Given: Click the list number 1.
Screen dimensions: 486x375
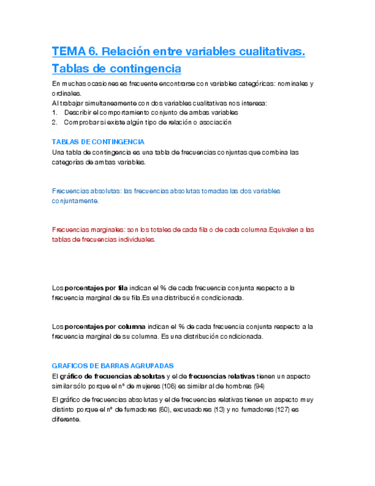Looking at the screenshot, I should [54, 112].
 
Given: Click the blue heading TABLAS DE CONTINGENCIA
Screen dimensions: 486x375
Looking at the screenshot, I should [98, 142].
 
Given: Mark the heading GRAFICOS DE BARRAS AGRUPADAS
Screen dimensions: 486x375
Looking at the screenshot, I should [113, 366].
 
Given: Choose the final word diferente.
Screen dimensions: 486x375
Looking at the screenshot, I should [66, 420].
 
